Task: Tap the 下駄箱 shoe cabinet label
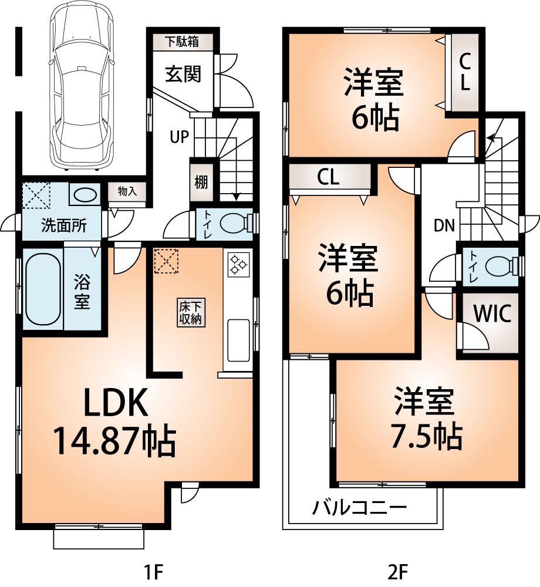[181, 42]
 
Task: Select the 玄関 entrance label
[183, 74]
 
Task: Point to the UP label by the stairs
[179, 137]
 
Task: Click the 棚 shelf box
[201, 182]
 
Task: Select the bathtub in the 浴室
[42, 288]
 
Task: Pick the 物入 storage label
[126, 191]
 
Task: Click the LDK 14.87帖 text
[114, 423]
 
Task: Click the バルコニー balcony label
[359, 507]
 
